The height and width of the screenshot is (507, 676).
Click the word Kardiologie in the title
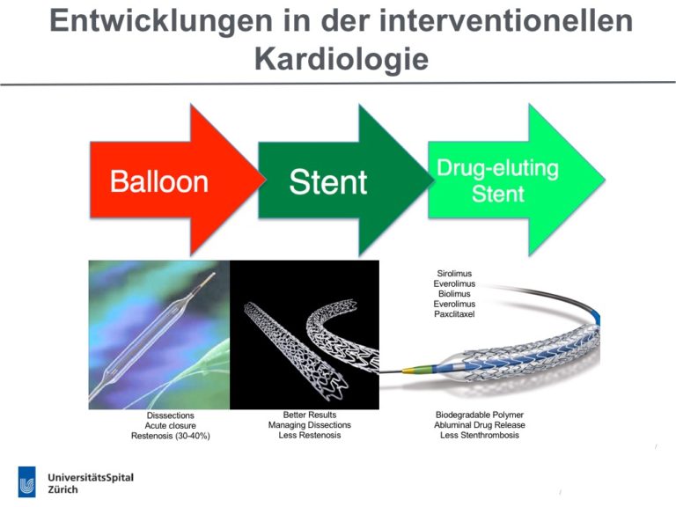[342, 59]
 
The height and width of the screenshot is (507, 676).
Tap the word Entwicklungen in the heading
[161, 20]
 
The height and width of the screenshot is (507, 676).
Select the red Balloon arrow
[177, 180]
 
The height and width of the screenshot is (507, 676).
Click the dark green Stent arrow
[345, 180]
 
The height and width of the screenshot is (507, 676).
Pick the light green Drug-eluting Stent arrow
[516, 180]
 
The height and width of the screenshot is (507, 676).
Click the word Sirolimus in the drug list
[454, 274]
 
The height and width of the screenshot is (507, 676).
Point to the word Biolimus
[454, 294]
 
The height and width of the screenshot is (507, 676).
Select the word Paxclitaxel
[454, 314]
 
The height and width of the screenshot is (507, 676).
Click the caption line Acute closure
[170, 425]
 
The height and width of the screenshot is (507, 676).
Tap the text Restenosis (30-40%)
[170, 436]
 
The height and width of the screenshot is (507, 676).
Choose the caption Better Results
[310, 415]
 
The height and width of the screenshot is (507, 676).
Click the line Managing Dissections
[310, 425]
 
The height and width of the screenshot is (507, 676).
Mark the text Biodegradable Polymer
[480, 415]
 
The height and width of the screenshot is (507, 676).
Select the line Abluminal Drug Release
[480, 425]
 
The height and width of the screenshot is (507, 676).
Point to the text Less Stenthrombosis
[480, 435]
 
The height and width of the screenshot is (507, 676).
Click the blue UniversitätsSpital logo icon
[26, 481]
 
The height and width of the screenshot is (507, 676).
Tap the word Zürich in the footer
[63, 489]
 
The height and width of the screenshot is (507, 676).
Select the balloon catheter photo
[159, 335]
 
